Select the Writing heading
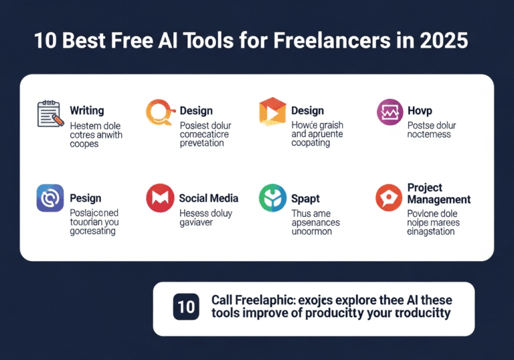pos(86,110)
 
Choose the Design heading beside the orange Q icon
pos(196,110)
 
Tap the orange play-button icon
pos(272,112)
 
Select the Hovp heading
pos(420,110)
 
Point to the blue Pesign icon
pos(50,198)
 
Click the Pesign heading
pos(86,198)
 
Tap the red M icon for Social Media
pos(159,198)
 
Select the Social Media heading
pos(209,198)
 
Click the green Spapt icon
pos(272,199)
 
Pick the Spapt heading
pos(305,198)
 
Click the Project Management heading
pos(438,193)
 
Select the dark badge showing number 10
pos(186,306)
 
